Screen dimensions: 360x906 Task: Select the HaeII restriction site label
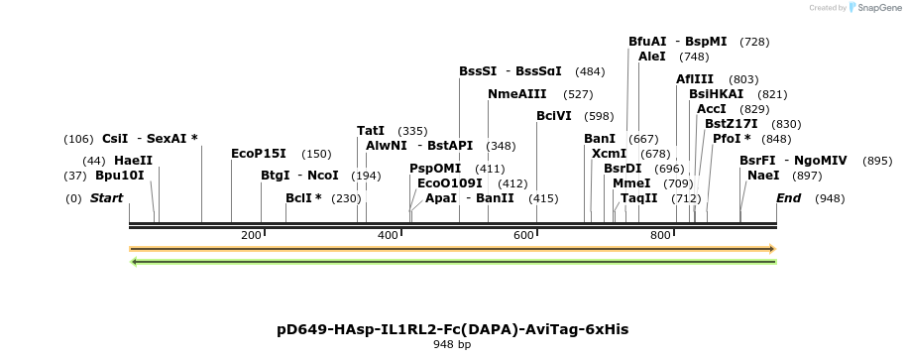coord(133,161)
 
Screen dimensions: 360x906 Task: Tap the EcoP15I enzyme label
coord(258,154)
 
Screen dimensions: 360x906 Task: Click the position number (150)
coord(316,154)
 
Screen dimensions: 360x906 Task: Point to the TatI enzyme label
coord(371,131)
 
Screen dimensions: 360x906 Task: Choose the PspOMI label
coord(435,169)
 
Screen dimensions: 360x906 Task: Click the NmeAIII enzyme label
coord(516,94)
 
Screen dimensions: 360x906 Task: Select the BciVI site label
coord(554,116)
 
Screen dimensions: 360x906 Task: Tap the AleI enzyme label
coord(652,57)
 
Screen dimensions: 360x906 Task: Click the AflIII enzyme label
coord(695,79)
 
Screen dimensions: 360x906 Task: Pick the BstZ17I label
coord(731,124)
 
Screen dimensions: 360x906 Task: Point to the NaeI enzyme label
coord(763,176)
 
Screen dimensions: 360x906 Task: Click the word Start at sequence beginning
coord(106,198)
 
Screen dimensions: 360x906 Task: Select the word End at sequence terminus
coord(788,198)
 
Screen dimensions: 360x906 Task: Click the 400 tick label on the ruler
coord(388,235)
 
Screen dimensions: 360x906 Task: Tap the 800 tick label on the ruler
coord(660,235)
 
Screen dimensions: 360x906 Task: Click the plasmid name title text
coord(452,328)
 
